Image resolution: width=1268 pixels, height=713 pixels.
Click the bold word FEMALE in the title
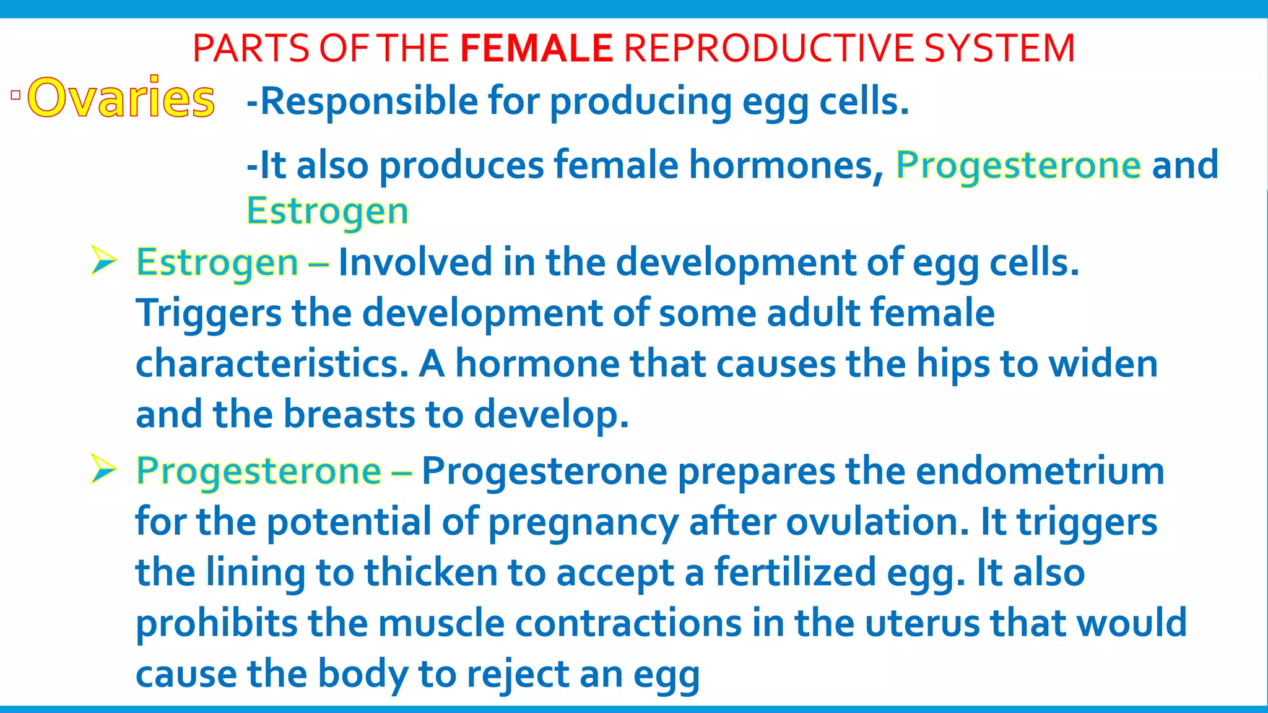point(536,48)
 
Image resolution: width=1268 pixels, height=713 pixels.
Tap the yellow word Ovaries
point(121,98)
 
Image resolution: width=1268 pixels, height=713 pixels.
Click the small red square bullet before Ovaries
point(15,95)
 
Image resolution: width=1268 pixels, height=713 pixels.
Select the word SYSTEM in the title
point(999,48)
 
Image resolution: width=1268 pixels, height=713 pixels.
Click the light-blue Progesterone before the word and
point(1018,165)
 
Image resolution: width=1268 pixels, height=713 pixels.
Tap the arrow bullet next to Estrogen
point(103,260)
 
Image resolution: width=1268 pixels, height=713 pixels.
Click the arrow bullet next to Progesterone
point(103,469)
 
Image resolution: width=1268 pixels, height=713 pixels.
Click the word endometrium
point(1040,471)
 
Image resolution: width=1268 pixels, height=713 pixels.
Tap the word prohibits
point(217,623)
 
